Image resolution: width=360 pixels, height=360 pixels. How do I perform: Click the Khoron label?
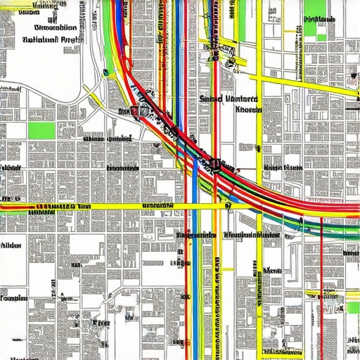tap(247, 110)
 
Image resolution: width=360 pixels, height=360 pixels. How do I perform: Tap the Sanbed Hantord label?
tap(229, 100)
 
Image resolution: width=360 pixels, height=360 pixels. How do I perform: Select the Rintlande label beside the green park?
tap(319, 18)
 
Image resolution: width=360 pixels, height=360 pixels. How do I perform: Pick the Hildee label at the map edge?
tap(10, 246)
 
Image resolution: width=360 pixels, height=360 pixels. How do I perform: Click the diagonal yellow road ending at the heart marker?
tap(295, 77)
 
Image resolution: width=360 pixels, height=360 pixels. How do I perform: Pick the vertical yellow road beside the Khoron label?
tap(259, 141)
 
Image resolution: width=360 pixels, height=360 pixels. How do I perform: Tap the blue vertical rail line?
tap(195, 232)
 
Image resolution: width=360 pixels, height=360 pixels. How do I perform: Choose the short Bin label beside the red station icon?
tap(123, 110)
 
